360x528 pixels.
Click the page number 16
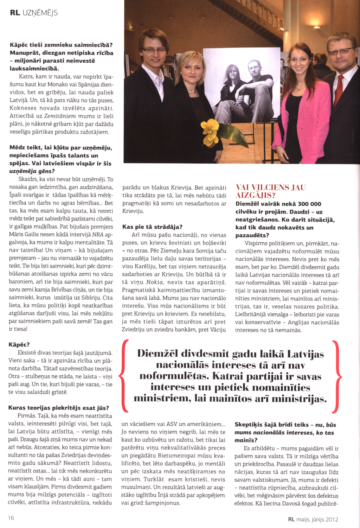[x=11, y=518]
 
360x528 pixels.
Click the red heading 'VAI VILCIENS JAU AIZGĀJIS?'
[x=270, y=191]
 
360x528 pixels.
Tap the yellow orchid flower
[x=210, y=132]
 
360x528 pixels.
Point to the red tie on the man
[x=339, y=90]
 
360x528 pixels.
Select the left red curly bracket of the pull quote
[x=123, y=376]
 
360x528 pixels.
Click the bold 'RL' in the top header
[x=15, y=13]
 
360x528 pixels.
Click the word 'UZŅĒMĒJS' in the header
[x=40, y=13]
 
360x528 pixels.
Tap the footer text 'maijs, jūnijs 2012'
[x=317, y=519]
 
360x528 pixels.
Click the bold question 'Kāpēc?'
[x=19, y=345]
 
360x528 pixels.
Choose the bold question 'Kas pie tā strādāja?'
[x=152, y=227]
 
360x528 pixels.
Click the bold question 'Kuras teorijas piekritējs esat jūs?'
[x=58, y=408]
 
